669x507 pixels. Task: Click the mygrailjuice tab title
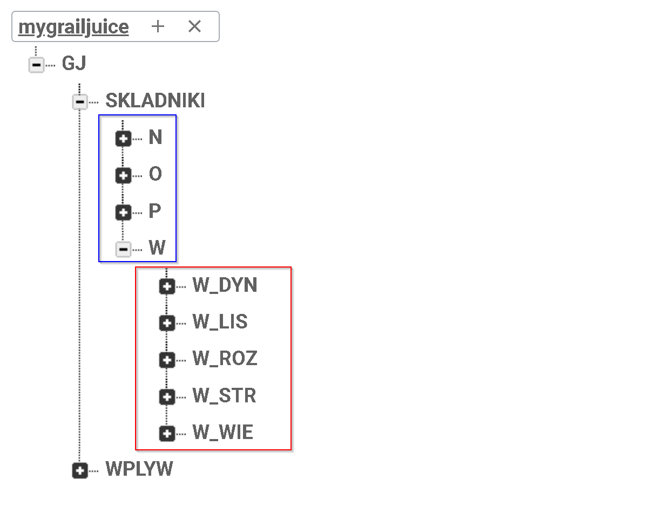click(73, 27)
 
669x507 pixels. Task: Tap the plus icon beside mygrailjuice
click(158, 26)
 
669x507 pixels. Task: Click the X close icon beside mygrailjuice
click(194, 26)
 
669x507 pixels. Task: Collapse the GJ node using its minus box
click(36, 65)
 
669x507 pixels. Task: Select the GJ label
click(74, 64)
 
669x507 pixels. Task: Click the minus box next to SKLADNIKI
click(80, 101)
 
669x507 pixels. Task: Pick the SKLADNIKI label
click(155, 101)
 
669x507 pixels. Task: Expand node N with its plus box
click(124, 139)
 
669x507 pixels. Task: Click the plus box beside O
click(124, 175)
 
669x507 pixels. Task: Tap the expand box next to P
click(124, 212)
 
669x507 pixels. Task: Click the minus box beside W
click(124, 249)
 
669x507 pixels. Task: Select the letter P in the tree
click(155, 211)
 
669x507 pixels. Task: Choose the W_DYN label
click(225, 285)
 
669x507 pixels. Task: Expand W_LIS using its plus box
click(167, 323)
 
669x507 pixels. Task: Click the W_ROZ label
click(225, 359)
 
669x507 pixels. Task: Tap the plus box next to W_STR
click(167, 397)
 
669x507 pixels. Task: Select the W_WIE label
click(222, 433)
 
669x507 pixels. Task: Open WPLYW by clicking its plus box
click(80, 470)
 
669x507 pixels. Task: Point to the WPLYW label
click(139, 469)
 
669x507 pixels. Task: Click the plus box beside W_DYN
click(167, 286)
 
